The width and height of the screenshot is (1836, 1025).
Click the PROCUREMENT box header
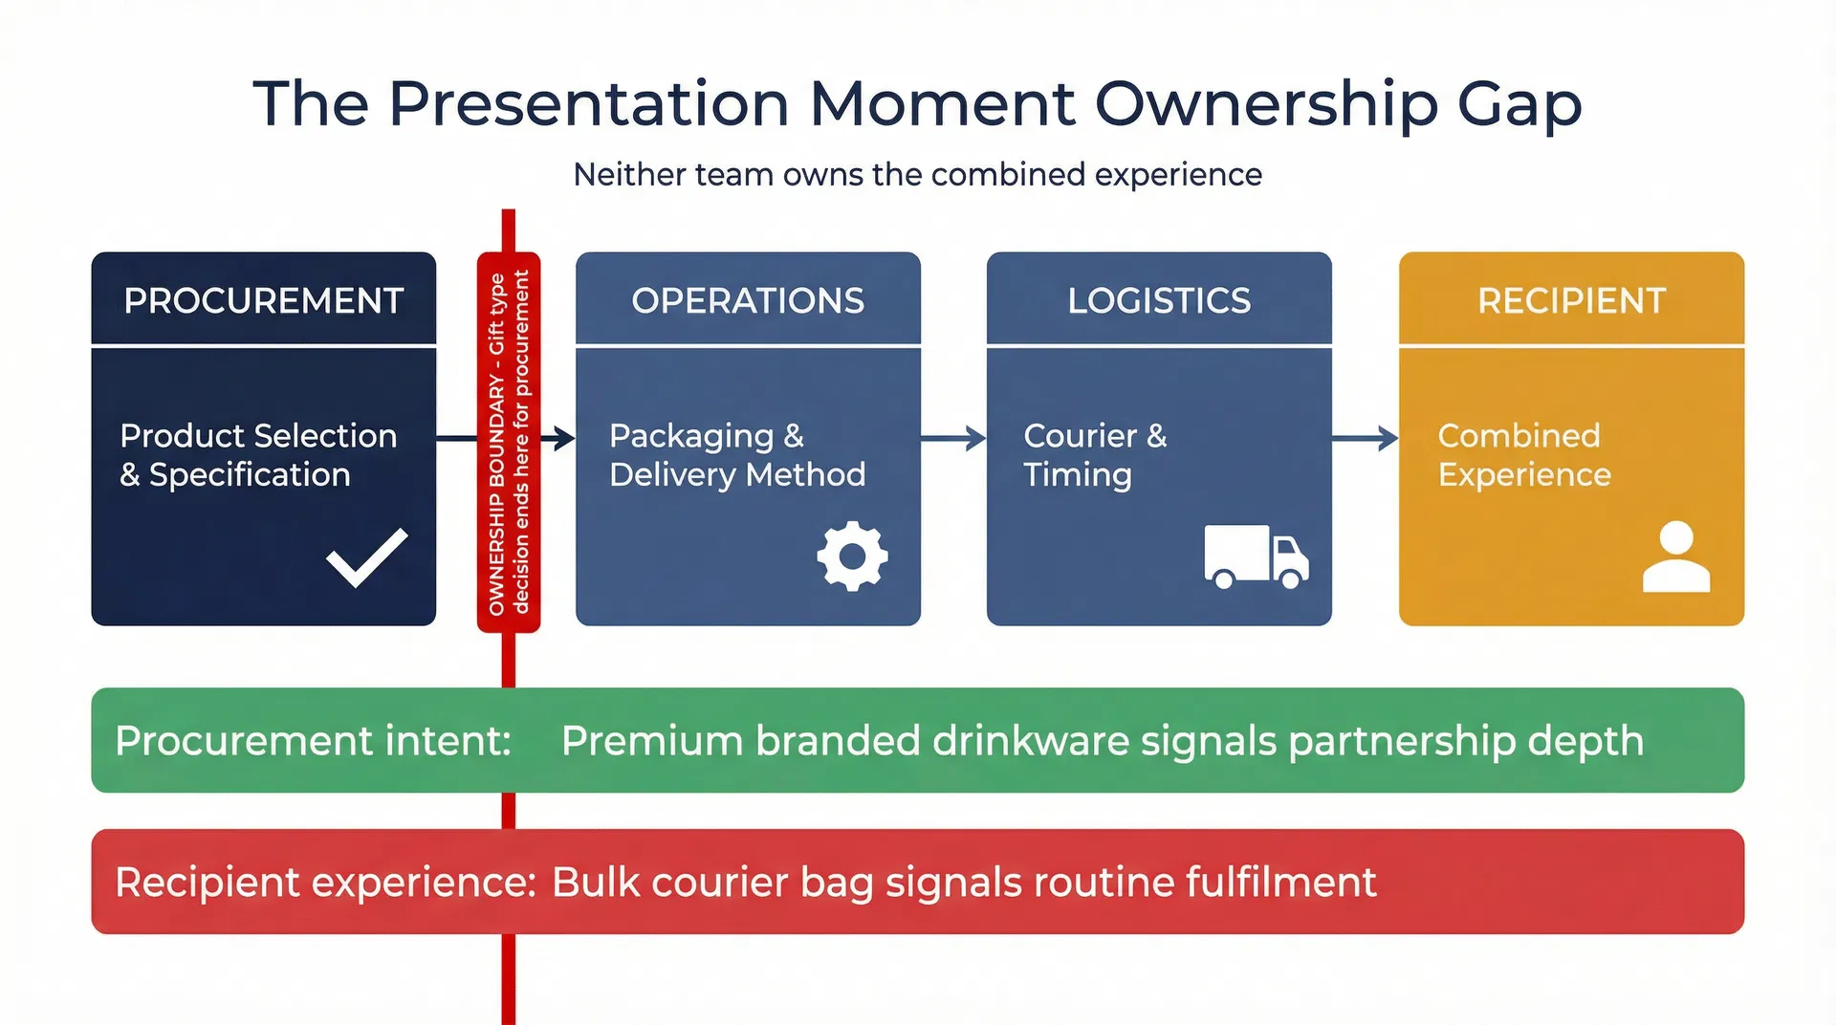[x=263, y=300]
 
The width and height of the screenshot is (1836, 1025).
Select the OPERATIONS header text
[x=748, y=300]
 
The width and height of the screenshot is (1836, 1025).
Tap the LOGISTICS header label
[x=1159, y=300]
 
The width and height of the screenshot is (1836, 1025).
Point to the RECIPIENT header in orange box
[x=1571, y=300]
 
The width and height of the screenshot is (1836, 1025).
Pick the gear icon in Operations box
[x=852, y=556]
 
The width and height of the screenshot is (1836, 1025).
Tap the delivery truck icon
[x=1256, y=556]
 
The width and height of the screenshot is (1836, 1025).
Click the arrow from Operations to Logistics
[x=953, y=439]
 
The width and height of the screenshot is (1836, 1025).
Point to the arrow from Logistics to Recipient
[x=1365, y=439]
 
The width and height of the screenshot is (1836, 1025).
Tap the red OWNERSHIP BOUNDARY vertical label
[x=509, y=442]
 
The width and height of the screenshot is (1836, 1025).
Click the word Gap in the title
[x=1519, y=104]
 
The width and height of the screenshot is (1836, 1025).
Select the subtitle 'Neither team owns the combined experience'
[x=917, y=175]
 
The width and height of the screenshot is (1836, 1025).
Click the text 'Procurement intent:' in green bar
[x=313, y=741]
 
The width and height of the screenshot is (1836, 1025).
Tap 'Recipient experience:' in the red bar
[x=325, y=882]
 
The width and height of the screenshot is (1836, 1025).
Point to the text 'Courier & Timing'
[x=1095, y=455]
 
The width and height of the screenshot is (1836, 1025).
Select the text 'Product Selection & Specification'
[x=258, y=455]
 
